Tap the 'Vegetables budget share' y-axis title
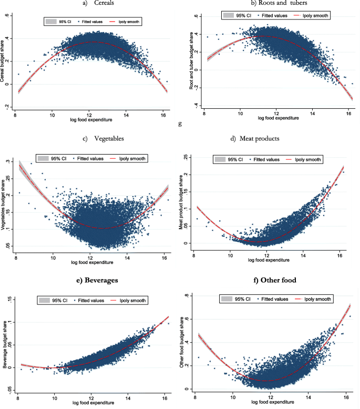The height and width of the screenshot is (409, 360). tap(6, 202)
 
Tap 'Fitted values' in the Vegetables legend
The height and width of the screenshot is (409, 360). tap(90, 158)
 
